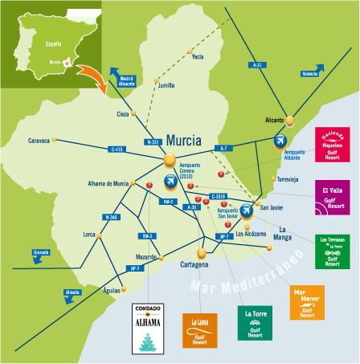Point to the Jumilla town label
[166, 84]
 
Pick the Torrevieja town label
[293, 179]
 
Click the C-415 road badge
[116, 149]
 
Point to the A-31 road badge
[257, 64]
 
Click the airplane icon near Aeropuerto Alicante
[280, 141]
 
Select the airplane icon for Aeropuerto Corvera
[170, 181]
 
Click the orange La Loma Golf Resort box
[201, 329]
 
